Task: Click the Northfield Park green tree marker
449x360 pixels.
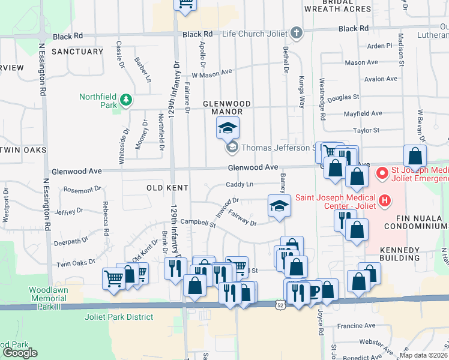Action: coord(125,100)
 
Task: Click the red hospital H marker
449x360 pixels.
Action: coord(385,200)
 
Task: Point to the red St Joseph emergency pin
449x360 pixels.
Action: coord(381,174)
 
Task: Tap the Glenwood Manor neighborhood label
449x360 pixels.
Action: coord(222,107)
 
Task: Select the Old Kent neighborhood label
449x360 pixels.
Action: coord(167,188)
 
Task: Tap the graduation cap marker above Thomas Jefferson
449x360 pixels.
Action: coord(228,127)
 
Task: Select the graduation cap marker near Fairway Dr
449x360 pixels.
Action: coord(279,206)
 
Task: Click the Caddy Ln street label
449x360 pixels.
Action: coord(240,184)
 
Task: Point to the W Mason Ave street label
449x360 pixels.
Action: coord(211,73)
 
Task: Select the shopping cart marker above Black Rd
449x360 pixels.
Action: coord(185,5)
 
